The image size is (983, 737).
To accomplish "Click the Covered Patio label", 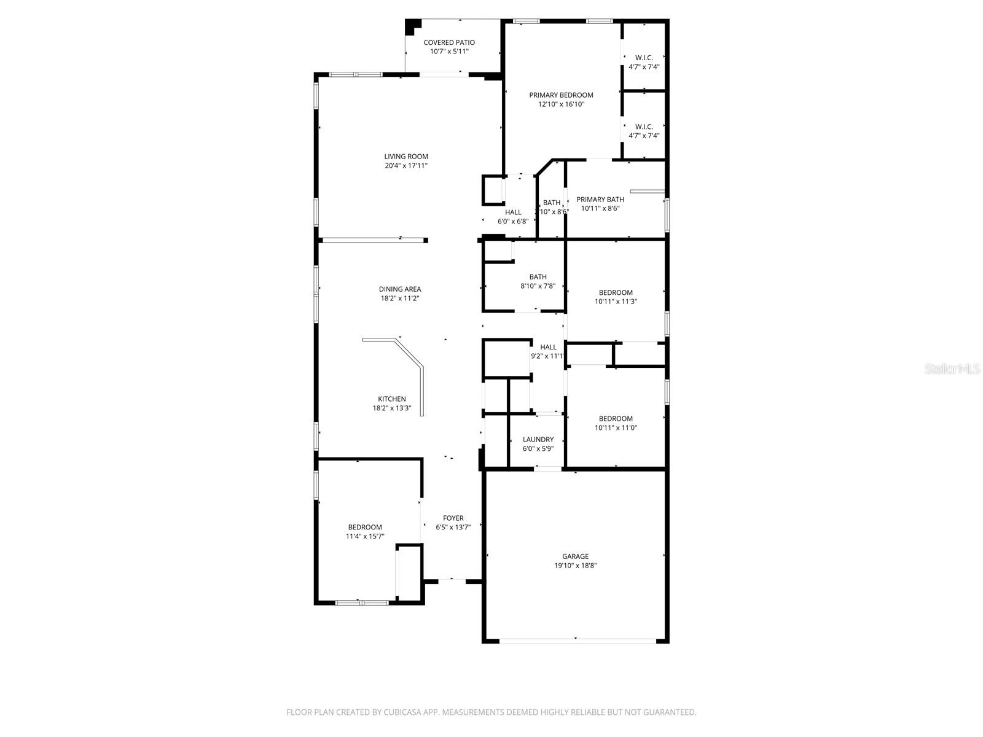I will click(x=449, y=42).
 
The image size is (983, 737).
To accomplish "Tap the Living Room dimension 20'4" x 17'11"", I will click(x=406, y=166).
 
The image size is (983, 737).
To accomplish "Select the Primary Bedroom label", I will click(x=561, y=95).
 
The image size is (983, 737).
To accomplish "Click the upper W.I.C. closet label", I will click(x=644, y=58).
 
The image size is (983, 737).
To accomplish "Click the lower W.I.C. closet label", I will click(x=644, y=127).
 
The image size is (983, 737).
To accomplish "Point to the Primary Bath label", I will click(x=600, y=200).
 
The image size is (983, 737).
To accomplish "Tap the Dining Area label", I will click(x=400, y=289).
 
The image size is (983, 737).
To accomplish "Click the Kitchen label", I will click(x=391, y=399).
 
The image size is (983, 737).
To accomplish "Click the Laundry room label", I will click(x=538, y=440).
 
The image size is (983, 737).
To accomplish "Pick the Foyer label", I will click(x=453, y=518).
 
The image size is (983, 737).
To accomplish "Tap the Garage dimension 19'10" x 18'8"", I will click(x=575, y=566).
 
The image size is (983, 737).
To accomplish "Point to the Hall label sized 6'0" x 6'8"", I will click(x=513, y=213).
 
